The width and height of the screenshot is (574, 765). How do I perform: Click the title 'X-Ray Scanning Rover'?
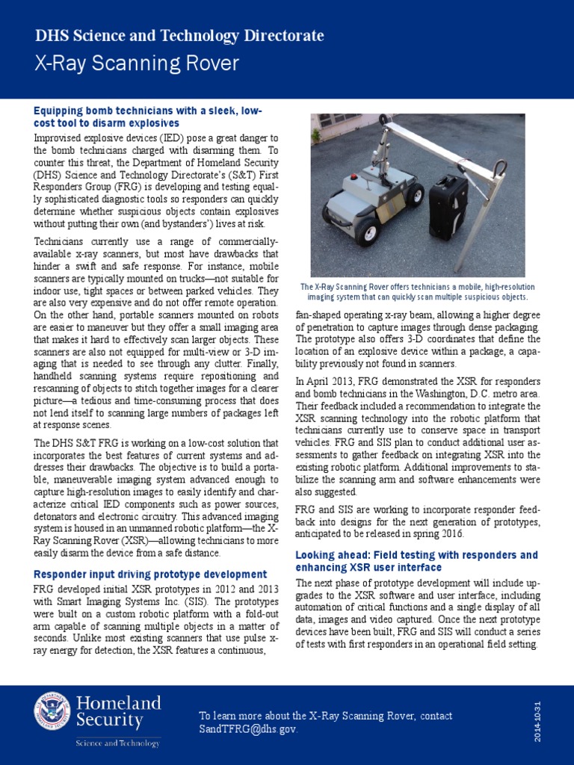click(137, 63)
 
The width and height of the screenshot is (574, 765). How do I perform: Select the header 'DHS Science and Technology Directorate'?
click(179, 35)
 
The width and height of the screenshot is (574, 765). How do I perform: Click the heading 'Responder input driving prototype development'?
click(150, 574)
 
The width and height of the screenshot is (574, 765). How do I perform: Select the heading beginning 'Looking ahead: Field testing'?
click(416, 561)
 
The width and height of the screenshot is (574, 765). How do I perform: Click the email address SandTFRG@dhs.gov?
click(248, 728)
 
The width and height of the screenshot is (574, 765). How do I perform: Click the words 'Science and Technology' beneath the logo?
click(117, 743)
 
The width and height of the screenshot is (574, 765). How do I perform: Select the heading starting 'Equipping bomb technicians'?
click(147, 117)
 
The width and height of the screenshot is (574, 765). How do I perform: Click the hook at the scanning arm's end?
click(499, 170)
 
